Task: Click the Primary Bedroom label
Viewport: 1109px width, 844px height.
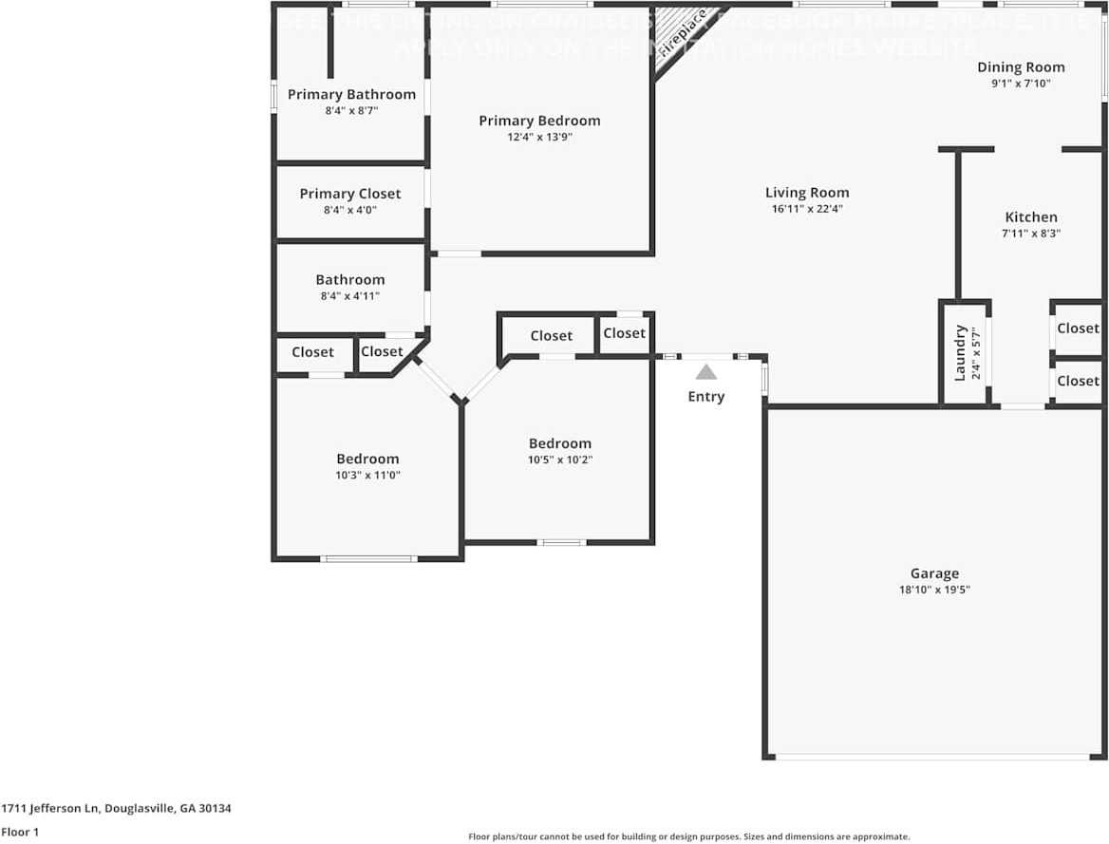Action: [x=539, y=121]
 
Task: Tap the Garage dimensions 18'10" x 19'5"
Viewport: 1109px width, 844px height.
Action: [x=934, y=590]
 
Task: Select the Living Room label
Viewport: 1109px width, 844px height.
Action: [x=807, y=193]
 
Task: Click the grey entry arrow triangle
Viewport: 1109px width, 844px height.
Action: [x=705, y=372]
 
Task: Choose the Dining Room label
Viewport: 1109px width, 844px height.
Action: [x=1021, y=67]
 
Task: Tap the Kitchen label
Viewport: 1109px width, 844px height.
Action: [x=1031, y=217]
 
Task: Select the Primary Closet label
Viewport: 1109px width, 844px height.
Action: [x=350, y=194]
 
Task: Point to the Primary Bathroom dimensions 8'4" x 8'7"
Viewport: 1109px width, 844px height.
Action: [x=351, y=110]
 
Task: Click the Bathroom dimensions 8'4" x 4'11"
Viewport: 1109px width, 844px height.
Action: [x=350, y=295]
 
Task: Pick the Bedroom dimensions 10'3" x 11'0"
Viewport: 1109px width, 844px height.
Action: [x=367, y=475]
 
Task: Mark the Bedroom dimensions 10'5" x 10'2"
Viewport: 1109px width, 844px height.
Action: [x=560, y=460]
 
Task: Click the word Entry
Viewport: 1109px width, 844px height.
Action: [x=705, y=397]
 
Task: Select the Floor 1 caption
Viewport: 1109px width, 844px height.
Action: [x=20, y=832]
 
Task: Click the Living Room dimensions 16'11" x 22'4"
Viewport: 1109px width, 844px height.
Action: [x=807, y=209]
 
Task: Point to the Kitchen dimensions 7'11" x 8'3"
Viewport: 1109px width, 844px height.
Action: [x=1031, y=233]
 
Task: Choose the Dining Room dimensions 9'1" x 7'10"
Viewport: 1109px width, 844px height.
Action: [x=1021, y=83]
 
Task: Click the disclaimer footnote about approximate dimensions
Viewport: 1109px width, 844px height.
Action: [x=688, y=836]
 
